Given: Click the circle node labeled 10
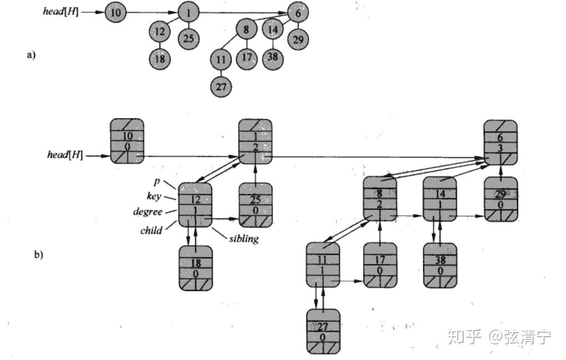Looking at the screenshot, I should pyautogui.click(x=115, y=12).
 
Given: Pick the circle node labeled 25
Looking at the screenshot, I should pyautogui.click(x=188, y=38).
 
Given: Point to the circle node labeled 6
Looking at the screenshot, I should pyautogui.click(x=299, y=12).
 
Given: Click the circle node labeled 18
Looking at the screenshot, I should pyautogui.click(x=160, y=58).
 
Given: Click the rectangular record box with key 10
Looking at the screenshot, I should pyautogui.click(x=127, y=141).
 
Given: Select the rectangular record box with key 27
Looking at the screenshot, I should pyautogui.click(x=323, y=331).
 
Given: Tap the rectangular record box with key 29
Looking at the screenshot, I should pyautogui.click(x=500, y=199).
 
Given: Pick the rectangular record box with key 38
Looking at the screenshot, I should pyautogui.click(x=440, y=266).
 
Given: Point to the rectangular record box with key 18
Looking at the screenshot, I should pyautogui.click(x=196, y=268).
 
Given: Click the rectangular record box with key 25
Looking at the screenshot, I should pyautogui.click(x=256, y=205).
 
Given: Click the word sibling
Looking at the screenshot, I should pyautogui.click(x=244, y=239).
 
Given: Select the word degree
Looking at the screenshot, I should pyautogui.click(x=147, y=212).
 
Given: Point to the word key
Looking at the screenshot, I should pyautogui.click(x=155, y=196).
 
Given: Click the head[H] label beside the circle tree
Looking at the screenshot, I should pyautogui.click(x=61, y=11).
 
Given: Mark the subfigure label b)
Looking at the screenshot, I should pyautogui.click(x=38, y=255).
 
